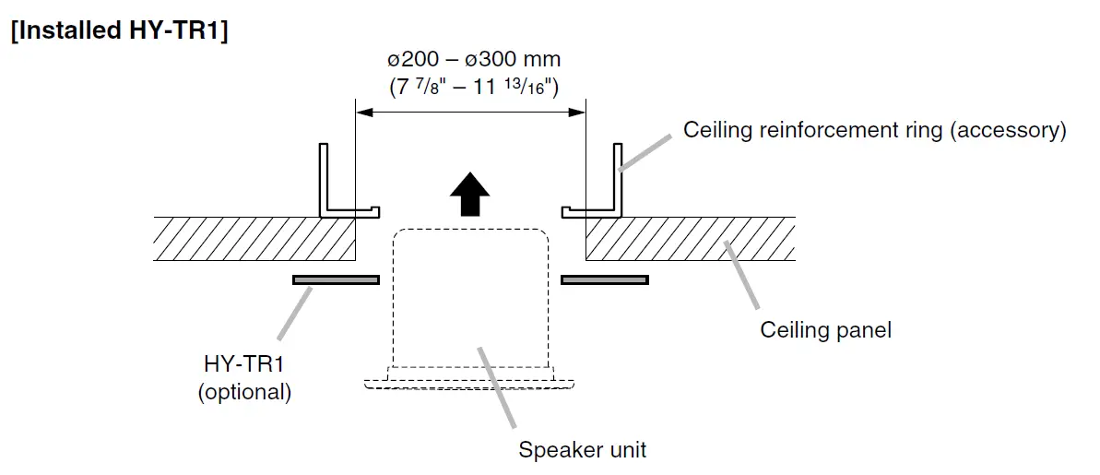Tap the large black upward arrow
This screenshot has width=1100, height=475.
coord(469,194)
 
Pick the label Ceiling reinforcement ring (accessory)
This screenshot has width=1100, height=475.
coord(874,130)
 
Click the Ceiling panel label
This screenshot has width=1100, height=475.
coord(825,329)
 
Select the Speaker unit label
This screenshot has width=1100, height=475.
coord(582,450)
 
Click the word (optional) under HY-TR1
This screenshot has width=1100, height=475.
coord(244,392)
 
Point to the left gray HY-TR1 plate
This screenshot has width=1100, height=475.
coord(336,279)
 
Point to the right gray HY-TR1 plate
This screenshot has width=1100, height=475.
coord(605,279)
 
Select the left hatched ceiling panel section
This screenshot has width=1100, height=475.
coord(254,239)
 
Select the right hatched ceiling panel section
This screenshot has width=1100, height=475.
coord(690,239)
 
